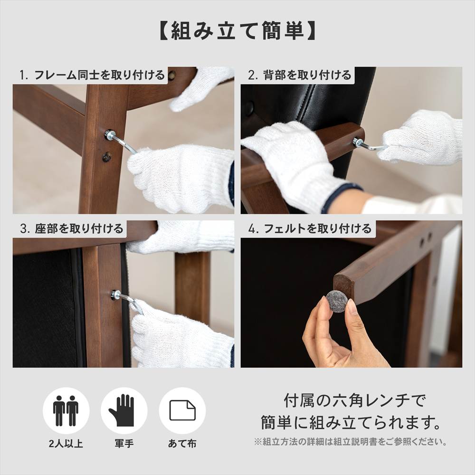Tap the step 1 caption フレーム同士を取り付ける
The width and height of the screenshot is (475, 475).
coord(93,75)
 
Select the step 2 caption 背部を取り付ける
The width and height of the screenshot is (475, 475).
coord(300,75)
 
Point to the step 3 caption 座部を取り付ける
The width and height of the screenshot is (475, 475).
coord(72,228)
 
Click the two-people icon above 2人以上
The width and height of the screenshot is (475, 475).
coord(66,410)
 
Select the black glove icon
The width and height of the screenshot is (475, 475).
coord(124,410)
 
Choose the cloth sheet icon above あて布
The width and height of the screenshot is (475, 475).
coord(182,410)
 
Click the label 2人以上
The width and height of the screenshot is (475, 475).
coord(66,444)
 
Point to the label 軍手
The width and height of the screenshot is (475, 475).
coord(124,444)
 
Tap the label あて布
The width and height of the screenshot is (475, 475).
coord(182,444)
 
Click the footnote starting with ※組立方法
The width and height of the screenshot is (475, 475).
coord(351,442)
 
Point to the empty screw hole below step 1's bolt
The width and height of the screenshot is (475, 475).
coord(106,156)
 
